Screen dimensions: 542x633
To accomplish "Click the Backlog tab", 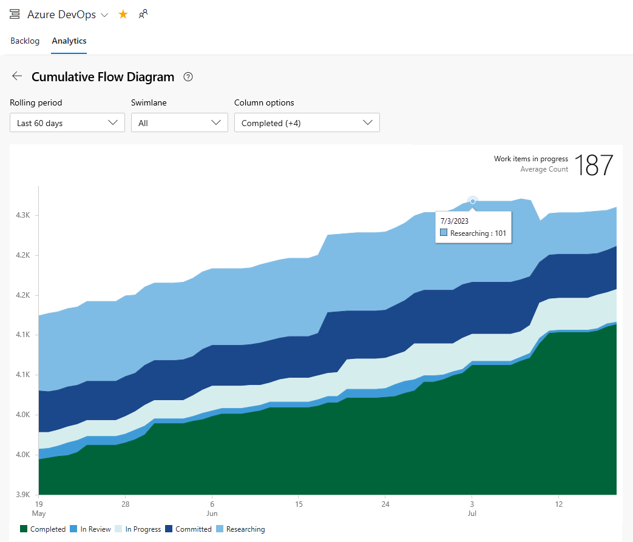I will (25, 41).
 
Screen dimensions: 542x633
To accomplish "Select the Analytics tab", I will (69, 41).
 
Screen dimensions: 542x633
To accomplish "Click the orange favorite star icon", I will (123, 15).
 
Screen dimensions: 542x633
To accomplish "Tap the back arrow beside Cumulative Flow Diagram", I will (17, 76).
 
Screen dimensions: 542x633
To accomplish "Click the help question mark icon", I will (188, 77).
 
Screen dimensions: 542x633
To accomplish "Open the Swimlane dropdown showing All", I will (179, 123).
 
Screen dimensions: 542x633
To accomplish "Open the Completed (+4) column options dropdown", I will (306, 123).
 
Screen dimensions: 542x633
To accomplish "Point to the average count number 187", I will (593, 164).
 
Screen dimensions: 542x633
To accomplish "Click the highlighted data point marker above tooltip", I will (473, 201).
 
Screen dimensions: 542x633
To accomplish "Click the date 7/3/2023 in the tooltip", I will (455, 221).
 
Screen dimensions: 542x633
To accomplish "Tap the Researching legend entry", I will (240, 529).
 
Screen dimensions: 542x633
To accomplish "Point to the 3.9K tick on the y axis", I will (24, 495).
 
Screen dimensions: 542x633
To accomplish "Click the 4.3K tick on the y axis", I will (24, 216).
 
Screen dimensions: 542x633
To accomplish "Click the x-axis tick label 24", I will (385, 504).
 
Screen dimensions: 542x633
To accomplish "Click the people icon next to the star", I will (143, 15).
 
